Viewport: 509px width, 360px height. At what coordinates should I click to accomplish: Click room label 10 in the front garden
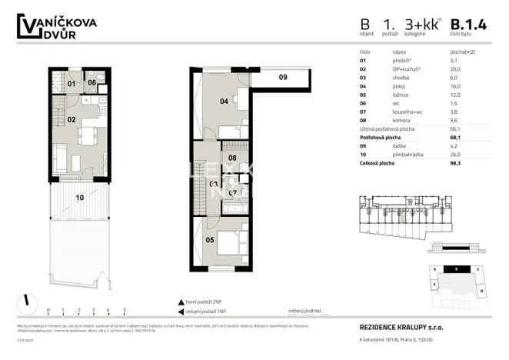click(79, 198)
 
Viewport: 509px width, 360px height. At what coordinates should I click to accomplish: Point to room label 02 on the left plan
click(71, 119)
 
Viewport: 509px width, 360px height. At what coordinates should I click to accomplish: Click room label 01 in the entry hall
click(71, 83)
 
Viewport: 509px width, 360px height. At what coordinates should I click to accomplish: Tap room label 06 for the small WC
click(91, 83)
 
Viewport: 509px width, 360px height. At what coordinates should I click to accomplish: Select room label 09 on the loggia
click(282, 77)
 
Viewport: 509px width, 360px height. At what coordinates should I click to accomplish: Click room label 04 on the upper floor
click(224, 100)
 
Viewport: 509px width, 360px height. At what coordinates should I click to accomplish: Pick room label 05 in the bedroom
click(210, 239)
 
